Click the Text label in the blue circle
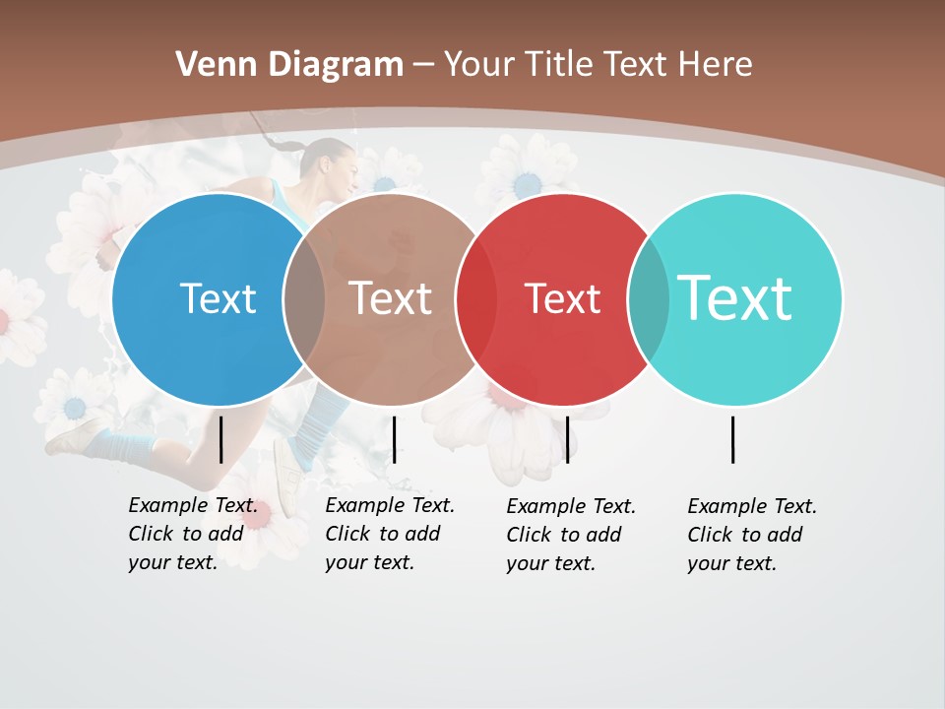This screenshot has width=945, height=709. pos(218,298)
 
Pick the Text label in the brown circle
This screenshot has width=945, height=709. pos(390,298)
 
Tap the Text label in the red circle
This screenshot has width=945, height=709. pos(562,298)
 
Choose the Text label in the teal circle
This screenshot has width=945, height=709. pos(734,298)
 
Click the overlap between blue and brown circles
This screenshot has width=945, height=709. pos(303,299)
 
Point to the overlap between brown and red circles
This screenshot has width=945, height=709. pos(475,299)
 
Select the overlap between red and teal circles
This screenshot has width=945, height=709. pos(648,299)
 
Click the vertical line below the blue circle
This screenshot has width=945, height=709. pos(220,439)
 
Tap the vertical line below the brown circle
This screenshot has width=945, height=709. pos(394,439)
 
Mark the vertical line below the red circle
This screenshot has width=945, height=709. pos(567,439)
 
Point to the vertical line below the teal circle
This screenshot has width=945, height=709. pos(732,439)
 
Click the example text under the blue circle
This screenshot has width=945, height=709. pos(193,534)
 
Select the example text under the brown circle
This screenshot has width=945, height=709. pos(390,534)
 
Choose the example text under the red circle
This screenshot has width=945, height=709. pos(571,535)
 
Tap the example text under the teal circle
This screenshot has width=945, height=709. pos(752,535)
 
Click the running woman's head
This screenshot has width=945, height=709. pos(332,167)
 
